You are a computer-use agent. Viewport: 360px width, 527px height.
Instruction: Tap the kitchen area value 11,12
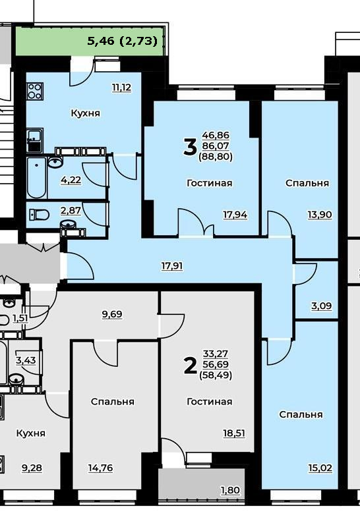click(x=121, y=88)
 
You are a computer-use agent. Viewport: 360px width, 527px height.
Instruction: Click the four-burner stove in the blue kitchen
click(x=35, y=91)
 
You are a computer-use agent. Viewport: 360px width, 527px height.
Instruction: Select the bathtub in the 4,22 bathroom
click(x=37, y=177)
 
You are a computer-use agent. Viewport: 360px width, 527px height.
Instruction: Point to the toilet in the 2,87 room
click(x=40, y=214)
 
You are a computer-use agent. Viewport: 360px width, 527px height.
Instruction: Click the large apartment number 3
click(x=190, y=148)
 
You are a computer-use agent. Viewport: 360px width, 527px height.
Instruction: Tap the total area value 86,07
click(x=216, y=146)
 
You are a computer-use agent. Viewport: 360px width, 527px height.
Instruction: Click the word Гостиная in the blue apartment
click(x=209, y=183)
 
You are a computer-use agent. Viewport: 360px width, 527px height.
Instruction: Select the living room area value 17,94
click(x=235, y=215)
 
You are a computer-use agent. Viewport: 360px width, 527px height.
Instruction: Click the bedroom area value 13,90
click(x=320, y=215)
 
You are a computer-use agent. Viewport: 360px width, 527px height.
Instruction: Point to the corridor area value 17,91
click(x=172, y=266)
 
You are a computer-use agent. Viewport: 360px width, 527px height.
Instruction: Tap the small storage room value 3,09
click(x=321, y=306)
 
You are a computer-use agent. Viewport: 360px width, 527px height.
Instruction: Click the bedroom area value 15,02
click(x=320, y=468)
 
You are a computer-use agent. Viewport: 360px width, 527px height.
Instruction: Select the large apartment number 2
click(x=190, y=366)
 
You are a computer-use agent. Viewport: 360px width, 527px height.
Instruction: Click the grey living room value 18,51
click(x=234, y=433)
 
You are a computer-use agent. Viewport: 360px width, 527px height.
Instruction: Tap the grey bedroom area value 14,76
click(x=101, y=468)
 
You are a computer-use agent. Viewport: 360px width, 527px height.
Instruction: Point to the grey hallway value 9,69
click(x=112, y=314)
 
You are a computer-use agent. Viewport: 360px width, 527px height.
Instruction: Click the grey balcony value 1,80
click(x=230, y=490)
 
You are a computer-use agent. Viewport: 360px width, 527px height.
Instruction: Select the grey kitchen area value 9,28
click(x=32, y=468)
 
